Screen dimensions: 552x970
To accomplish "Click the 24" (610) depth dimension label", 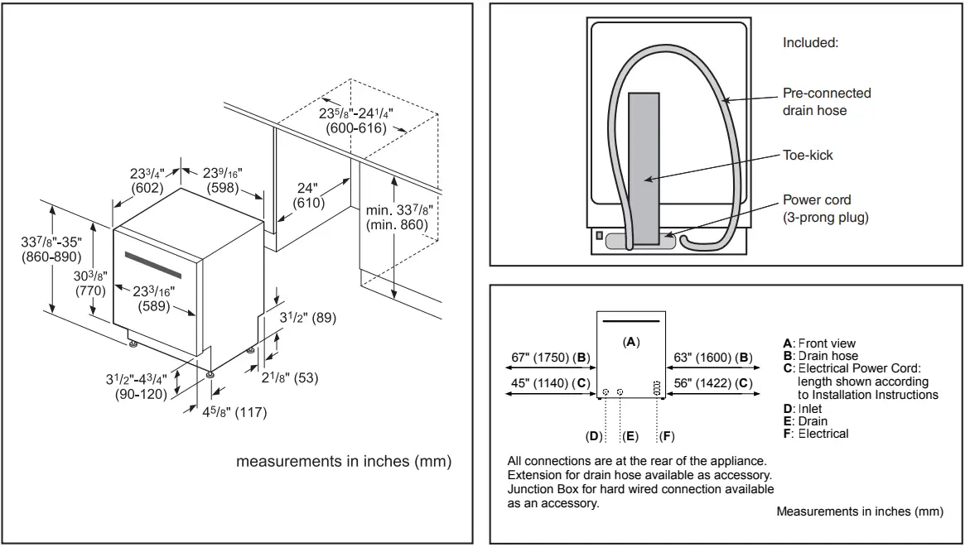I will pyautogui.click(x=308, y=195).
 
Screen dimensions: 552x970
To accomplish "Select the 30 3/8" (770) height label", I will pyautogui.click(x=89, y=283).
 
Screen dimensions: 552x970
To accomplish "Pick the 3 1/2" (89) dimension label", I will pyautogui.click(x=306, y=317).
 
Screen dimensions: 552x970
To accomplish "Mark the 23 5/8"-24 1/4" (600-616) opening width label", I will pyautogui.click(x=356, y=121).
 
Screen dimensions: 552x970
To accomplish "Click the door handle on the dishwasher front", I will pyautogui.click(x=153, y=264).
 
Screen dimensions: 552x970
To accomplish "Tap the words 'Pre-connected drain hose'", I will pyautogui.click(x=827, y=101).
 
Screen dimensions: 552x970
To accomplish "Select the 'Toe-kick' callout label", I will pyautogui.click(x=808, y=155).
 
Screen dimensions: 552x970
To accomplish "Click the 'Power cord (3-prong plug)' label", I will pyautogui.click(x=825, y=209).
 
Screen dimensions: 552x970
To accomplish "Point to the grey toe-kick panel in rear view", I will pyautogui.click(x=644, y=166).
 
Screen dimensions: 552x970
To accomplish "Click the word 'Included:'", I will pyautogui.click(x=810, y=43).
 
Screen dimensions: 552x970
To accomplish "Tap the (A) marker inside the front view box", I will pyautogui.click(x=631, y=341).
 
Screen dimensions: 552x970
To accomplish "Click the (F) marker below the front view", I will pyautogui.click(x=666, y=435).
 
